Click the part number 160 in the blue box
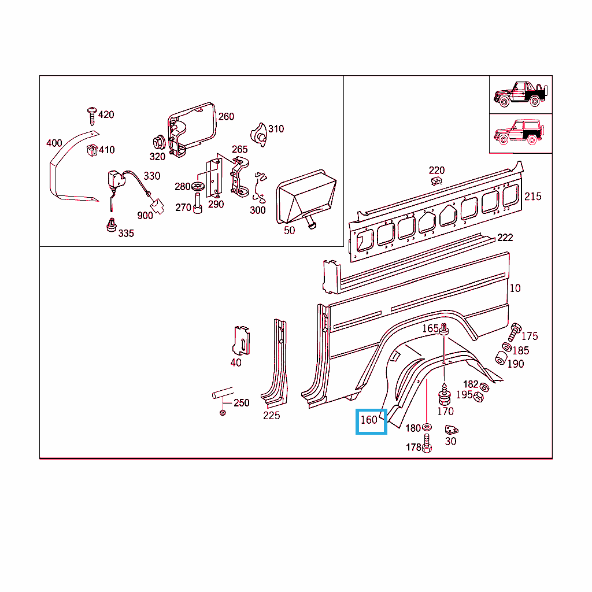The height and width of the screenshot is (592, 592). [x=369, y=420]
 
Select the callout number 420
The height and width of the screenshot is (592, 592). [x=106, y=114]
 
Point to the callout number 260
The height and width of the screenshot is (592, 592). [x=226, y=116]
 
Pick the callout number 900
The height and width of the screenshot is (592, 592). [x=145, y=216]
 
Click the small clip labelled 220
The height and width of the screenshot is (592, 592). [x=436, y=181]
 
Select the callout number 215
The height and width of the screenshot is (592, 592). [x=532, y=197]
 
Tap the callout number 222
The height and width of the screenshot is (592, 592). [x=505, y=238]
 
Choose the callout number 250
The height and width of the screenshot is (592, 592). [x=241, y=402]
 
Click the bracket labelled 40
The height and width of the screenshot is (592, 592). [x=242, y=341]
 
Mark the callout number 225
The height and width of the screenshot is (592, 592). [x=271, y=415]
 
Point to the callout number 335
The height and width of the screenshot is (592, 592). [x=125, y=233]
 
